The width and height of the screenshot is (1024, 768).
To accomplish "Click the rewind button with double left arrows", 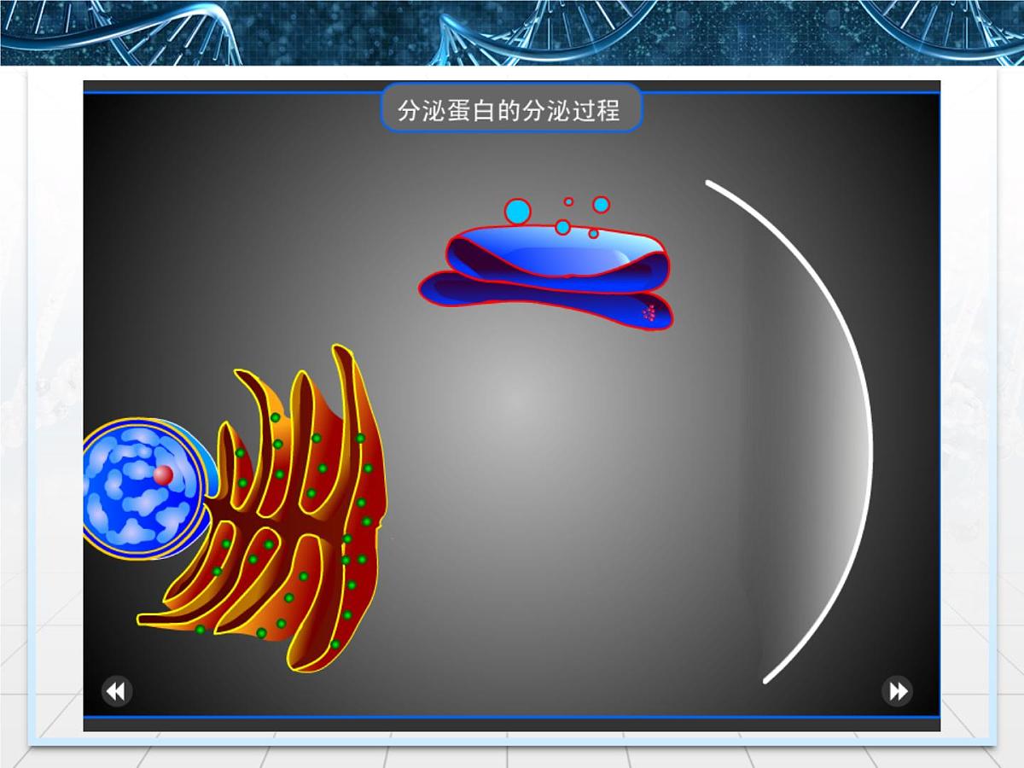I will point(117,690).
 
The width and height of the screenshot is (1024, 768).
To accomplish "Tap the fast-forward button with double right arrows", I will point(897,690).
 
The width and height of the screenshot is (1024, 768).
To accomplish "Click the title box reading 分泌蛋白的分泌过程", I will point(510,108).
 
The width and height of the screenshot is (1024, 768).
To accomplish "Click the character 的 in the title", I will point(509,111).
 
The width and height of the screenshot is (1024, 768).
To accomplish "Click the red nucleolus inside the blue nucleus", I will point(163,475).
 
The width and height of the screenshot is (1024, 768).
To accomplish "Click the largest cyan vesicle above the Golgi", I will point(517,211).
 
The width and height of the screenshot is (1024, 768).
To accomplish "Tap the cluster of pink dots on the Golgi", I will point(649,313).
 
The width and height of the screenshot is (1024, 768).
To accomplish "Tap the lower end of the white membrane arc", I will point(766,680).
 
